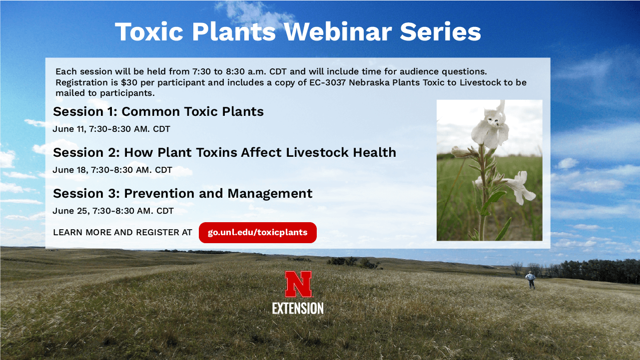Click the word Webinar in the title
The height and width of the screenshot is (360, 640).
pyautogui.click(x=337, y=31)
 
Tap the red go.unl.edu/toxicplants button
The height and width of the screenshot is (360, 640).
pyautogui.click(x=258, y=233)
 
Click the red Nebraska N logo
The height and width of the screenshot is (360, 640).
pyautogui.click(x=298, y=284)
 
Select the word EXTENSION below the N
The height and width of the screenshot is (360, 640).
pyautogui.click(x=298, y=309)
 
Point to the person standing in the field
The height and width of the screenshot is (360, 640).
pyautogui.click(x=531, y=280)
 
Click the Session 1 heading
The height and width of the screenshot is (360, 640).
pyautogui.click(x=158, y=112)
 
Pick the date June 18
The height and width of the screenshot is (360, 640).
pyautogui.click(x=70, y=170)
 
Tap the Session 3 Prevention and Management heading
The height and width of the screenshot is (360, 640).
pyautogui.click(x=182, y=194)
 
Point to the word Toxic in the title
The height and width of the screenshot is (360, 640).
pyautogui.click(x=149, y=31)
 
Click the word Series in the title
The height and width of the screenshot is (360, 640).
pyautogui.click(x=440, y=31)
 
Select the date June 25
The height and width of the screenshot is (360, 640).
pyautogui.click(x=71, y=211)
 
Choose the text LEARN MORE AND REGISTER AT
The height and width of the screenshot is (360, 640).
pyautogui.click(x=122, y=232)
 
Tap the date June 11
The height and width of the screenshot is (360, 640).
pyautogui.click(x=69, y=129)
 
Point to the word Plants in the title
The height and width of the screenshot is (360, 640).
pyautogui.click(x=234, y=31)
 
